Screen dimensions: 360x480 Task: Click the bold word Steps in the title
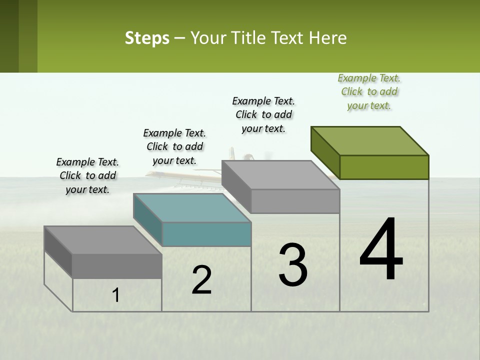[147, 38]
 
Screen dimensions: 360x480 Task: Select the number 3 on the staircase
[292, 264]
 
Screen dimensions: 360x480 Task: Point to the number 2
[202, 280]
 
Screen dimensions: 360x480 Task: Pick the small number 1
[116, 295]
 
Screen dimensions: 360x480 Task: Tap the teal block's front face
[206, 234]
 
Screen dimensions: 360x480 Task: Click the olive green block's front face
[384, 167]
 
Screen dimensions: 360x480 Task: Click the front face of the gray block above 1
[117, 266]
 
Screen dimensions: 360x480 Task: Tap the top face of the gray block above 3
[280, 175]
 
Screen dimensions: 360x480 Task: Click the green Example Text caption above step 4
[369, 91]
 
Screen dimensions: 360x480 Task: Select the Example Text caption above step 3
[263, 114]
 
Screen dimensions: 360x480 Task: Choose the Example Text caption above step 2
[174, 146]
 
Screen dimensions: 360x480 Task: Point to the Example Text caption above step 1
[87, 175]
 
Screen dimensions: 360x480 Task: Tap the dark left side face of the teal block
[148, 218]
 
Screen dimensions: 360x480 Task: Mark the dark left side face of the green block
[325, 151]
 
